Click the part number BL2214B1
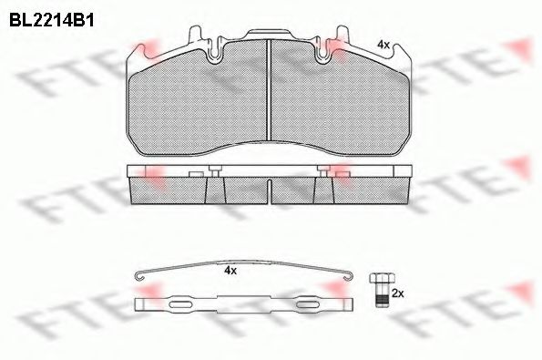(52, 20)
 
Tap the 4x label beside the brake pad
(383, 45)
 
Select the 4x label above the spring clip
(230, 271)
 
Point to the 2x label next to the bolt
(398, 294)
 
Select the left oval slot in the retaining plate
(180, 304)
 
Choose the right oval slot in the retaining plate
(308, 304)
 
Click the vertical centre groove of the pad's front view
(269, 90)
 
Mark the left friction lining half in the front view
(199, 100)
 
